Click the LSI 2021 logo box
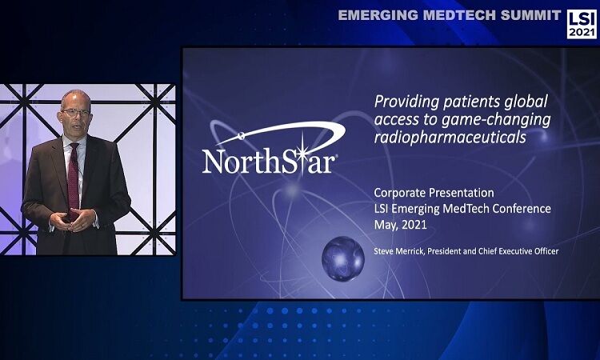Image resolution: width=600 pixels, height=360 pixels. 582,24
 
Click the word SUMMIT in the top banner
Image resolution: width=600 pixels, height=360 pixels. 530,15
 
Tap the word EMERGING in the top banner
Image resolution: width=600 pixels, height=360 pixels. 378,15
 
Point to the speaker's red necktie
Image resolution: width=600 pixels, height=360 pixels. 73,180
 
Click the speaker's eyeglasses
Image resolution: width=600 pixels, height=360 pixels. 75,113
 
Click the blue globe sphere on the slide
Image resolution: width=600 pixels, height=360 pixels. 343,258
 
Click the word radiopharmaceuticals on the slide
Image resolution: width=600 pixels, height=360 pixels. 450,138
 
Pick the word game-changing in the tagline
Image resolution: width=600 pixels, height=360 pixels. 496,121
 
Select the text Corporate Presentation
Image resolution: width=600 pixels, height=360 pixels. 434,193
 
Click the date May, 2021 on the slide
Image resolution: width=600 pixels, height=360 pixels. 400,225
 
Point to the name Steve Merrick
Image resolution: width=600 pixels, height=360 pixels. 399,251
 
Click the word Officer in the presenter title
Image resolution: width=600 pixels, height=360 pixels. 545,251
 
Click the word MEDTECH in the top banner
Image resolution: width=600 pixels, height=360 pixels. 459,15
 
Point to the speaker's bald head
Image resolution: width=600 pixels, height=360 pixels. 75,99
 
